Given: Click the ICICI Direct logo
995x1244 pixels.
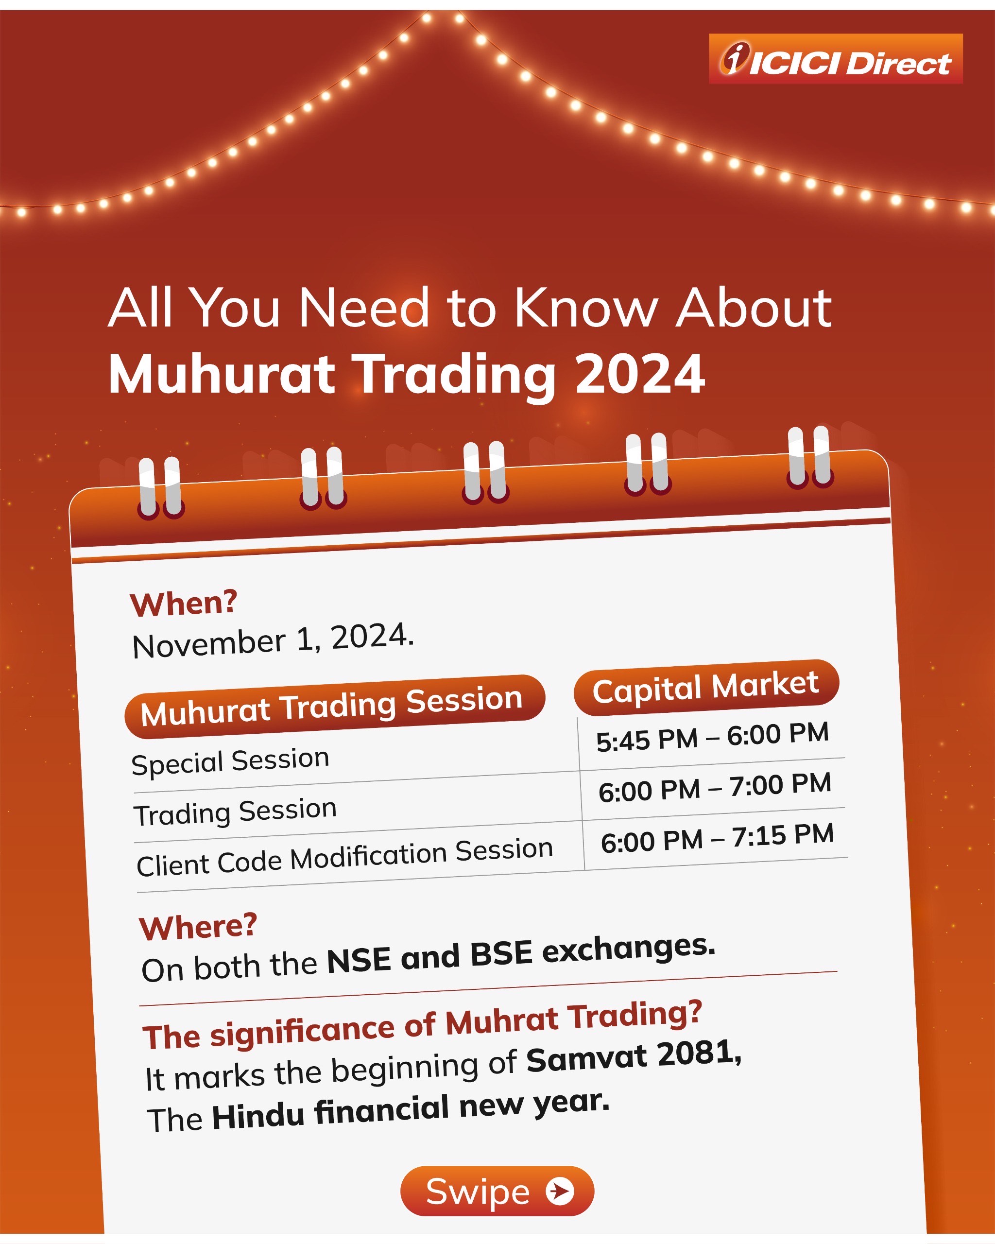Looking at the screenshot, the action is tap(835, 59).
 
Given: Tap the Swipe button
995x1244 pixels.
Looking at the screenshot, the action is tap(497, 1191).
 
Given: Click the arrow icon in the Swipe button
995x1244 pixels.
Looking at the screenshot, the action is tap(560, 1191).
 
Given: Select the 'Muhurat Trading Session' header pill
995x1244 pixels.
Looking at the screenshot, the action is tap(335, 706).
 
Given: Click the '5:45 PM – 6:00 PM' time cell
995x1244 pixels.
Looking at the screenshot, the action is tap(712, 737).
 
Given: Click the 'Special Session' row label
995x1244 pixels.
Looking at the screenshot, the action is tap(230, 761).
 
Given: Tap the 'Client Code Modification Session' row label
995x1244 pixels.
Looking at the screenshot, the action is tap(345, 857).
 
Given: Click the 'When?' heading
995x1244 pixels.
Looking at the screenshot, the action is tap(184, 604).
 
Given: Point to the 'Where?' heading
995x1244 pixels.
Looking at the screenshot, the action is tap(198, 927).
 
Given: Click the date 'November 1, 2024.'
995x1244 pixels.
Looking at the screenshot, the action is tap(273, 641).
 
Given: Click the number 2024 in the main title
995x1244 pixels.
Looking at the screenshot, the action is tap(640, 374).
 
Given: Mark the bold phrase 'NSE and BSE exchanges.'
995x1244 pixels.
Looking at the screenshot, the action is tap(521, 955).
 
